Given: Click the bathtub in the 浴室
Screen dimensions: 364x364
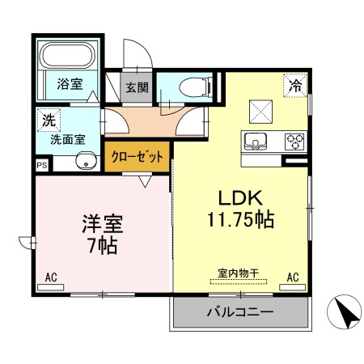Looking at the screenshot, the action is click(67, 55).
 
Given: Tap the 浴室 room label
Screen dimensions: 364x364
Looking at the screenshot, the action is click(70, 84).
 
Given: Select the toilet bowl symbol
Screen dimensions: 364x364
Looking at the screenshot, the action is click(196, 87).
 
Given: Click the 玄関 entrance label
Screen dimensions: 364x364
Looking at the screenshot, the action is click(137, 87).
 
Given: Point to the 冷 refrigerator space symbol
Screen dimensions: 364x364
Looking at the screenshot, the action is click(295, 85).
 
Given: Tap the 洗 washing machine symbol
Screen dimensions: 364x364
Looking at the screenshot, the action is click(49, 120).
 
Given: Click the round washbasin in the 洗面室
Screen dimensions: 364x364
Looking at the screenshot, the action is click(87, 161).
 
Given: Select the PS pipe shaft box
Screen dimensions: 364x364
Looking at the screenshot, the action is click(42, 165).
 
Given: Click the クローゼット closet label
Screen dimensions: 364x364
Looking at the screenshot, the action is click(137, 157).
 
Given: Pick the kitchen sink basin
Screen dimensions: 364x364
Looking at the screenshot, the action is click(255, 142).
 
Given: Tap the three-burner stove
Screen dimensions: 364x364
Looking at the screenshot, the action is click(294, 142).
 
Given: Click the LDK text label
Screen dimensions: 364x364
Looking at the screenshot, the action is click(240, 198).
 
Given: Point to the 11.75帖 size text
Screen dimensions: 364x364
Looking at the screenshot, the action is click(240, 219).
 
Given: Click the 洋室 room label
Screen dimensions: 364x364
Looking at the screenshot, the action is click(103, 223).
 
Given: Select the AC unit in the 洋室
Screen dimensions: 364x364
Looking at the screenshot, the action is click(51, 287).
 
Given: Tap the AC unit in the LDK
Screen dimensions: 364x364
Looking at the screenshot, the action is click(292, 287).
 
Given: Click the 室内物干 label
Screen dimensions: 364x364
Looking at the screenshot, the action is click(239, 273).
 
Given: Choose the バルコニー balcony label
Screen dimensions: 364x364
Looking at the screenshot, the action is click(240, 312).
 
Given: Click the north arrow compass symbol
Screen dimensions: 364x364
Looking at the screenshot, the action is click(344, 311).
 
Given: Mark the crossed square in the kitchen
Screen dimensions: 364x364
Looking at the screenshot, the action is click(260, 112).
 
